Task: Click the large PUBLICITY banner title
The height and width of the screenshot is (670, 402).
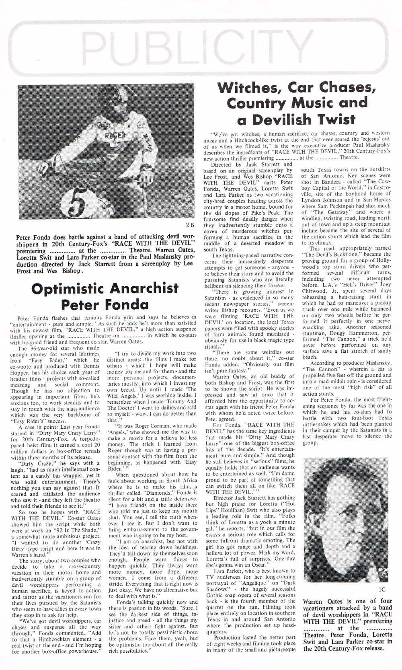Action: (201, 45)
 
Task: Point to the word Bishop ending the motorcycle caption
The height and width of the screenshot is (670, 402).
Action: (70, 271)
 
